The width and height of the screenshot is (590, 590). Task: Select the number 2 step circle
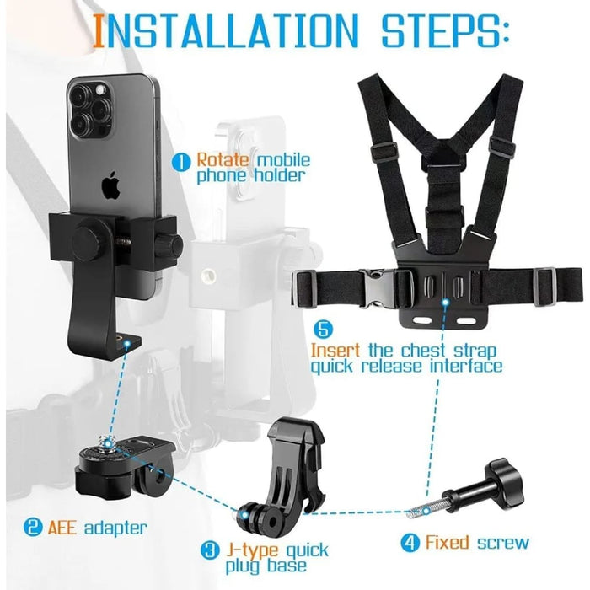tap(31, 528)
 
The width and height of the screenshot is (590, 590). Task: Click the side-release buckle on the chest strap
tap(375, 286)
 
